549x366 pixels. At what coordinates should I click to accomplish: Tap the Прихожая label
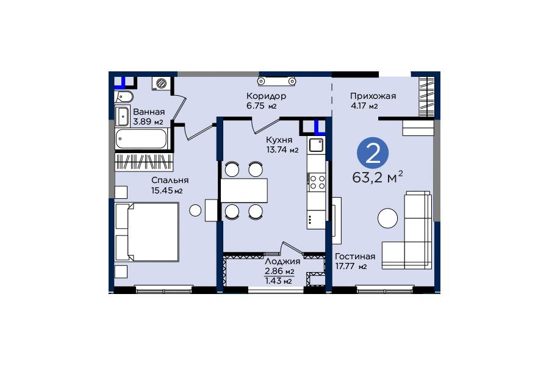pos(373,96)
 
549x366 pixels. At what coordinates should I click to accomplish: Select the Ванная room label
pos(149,112)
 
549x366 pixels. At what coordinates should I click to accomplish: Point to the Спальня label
pos(170,180)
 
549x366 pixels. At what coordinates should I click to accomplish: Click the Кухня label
pos(279,140)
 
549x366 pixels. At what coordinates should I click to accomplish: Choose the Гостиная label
pos(355,256)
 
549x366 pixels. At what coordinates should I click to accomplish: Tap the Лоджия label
pos(282,261)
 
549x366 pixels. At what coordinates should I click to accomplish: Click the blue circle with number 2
pos(373,153)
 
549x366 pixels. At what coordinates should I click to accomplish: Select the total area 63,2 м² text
pos(378,178)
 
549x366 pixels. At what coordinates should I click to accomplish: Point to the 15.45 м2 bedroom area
pos(167,190)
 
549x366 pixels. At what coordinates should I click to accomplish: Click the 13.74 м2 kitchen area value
pos(282,150)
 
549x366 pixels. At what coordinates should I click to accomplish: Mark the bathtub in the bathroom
pos(142,138)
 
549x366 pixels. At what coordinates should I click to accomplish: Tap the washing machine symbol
pos(162,84)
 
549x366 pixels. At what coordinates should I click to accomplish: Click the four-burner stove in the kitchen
pos(316,182)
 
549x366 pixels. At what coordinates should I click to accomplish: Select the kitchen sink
pos(316,145)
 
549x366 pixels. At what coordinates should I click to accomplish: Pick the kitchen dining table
pos(243,190)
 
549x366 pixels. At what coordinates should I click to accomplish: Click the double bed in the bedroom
pos(147,232)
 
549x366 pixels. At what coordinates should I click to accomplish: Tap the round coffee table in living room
pos(387,218)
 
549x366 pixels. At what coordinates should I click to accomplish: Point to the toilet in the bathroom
pos(124,96)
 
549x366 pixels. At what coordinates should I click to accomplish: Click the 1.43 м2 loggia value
pos(278,281)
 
